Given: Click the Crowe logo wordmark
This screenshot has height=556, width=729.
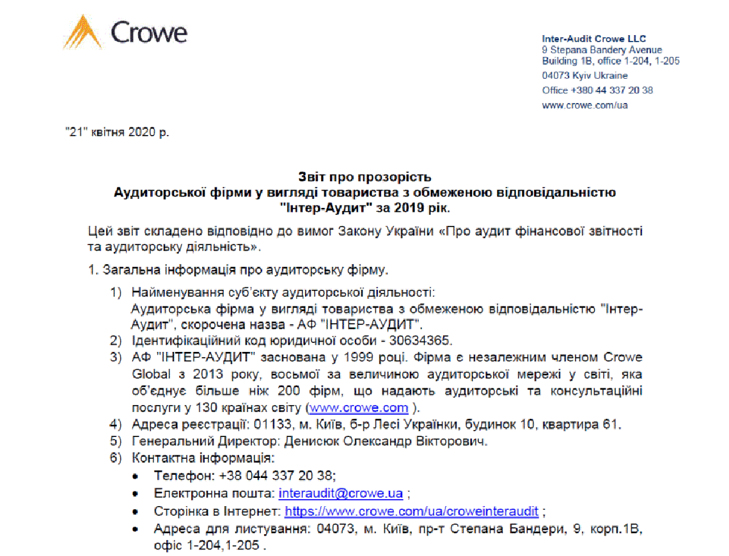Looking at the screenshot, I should click(148, 33).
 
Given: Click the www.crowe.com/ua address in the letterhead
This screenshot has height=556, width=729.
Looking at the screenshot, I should click(584, 105).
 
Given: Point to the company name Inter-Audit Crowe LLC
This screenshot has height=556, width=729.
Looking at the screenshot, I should click(594, 39).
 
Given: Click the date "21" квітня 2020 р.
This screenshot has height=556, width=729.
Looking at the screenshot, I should click(118, 132).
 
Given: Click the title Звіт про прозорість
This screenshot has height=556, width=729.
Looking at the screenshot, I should click(364, 177).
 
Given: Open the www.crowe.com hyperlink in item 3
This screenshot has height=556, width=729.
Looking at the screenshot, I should click(358, 408).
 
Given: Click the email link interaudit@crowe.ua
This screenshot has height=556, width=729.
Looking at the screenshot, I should click(341, 493).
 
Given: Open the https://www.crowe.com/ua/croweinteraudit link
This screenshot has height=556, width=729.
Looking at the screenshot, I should click(412, 511).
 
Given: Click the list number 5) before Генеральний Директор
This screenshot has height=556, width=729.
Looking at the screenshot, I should click(116, 441).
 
